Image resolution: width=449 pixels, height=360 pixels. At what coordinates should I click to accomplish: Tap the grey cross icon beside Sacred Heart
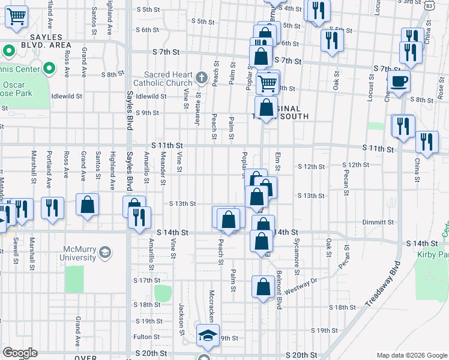[x=201, y=76]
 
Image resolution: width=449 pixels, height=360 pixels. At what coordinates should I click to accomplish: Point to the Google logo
[x=20, y=353]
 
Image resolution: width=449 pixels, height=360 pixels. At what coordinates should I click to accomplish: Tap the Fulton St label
[x=146, y=337]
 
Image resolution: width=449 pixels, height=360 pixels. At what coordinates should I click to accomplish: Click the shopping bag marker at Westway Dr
[x=263, y=287]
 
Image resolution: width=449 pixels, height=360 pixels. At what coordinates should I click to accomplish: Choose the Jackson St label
[x=179, y=319]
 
